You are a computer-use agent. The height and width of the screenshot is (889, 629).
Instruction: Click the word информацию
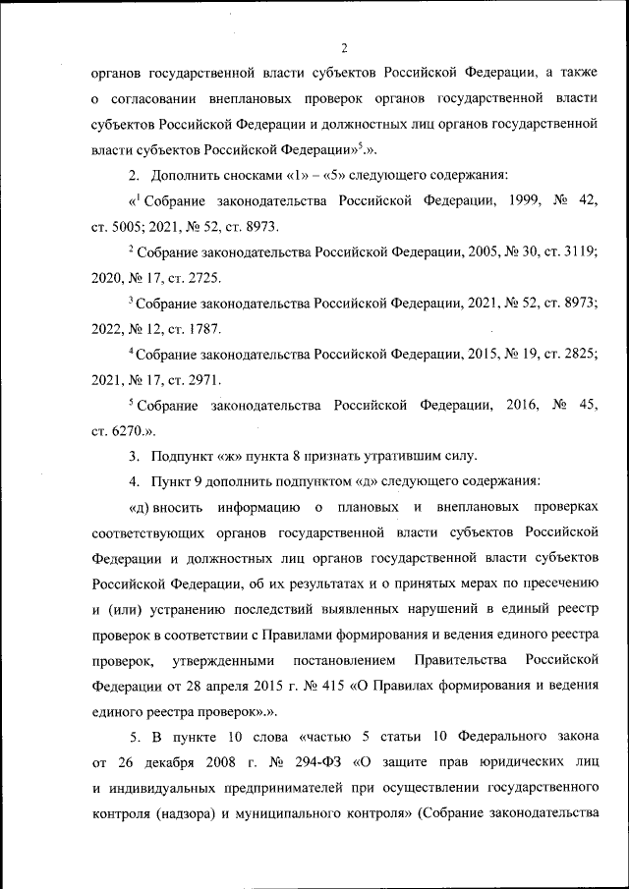[x=259, y=507]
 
